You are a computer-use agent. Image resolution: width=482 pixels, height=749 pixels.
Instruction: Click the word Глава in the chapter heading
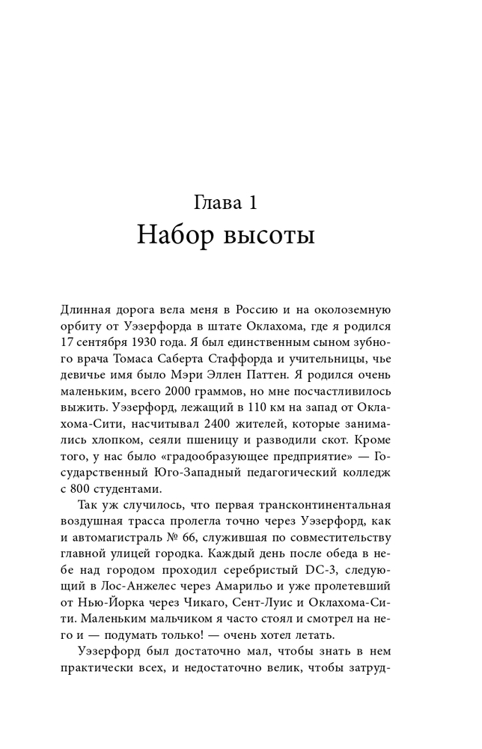click(215, 204)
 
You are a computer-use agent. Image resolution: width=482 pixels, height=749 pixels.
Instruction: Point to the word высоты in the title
click(266, 236)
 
